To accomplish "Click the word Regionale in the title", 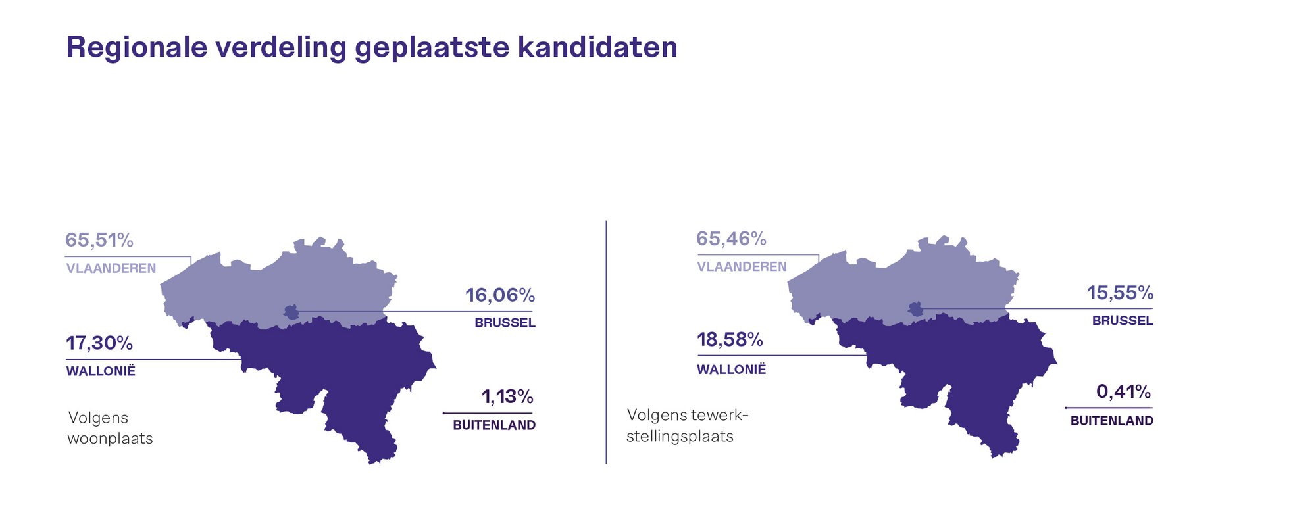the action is pyautogui.click(x=137, y=47).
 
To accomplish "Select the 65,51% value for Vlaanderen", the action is pyautogui.click(x=99, y=241).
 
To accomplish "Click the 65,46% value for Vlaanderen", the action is pyautogui.click(x=731, y=239).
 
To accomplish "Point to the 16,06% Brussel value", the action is pyautogui.click(x=500, y=295).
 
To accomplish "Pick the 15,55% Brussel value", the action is pyautogui.click(x=1120, y=293).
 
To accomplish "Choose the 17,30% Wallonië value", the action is pyautogui.click(x=99, y=343).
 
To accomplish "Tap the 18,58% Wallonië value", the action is pyautogui.click(x=730, y=340).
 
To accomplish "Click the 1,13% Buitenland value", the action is pyautogui.click(x=507, y=396).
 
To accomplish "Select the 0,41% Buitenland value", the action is pyautogui.click(x=1123, y=393).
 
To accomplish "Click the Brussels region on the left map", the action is pyautogui.click(x=291, y=312).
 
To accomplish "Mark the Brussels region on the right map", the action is pyautogui.click(x=915, y=309).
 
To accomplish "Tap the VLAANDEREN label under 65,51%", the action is pyautogui.click(x=111, y=268).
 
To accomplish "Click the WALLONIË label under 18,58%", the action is pyautogui.click(x=732, y=370).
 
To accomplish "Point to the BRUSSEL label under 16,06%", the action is pyautogui.click(x=505, y=323).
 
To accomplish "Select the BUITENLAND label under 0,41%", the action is pyautogui.click(x=1112, y=421).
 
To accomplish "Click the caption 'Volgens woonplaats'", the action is pyautogui.click(x=111, y=428).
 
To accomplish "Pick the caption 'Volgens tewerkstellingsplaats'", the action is pyautogui.click(x=688, y=425).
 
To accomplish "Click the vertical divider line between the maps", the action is pyautogui.click(x=606, y=342).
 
